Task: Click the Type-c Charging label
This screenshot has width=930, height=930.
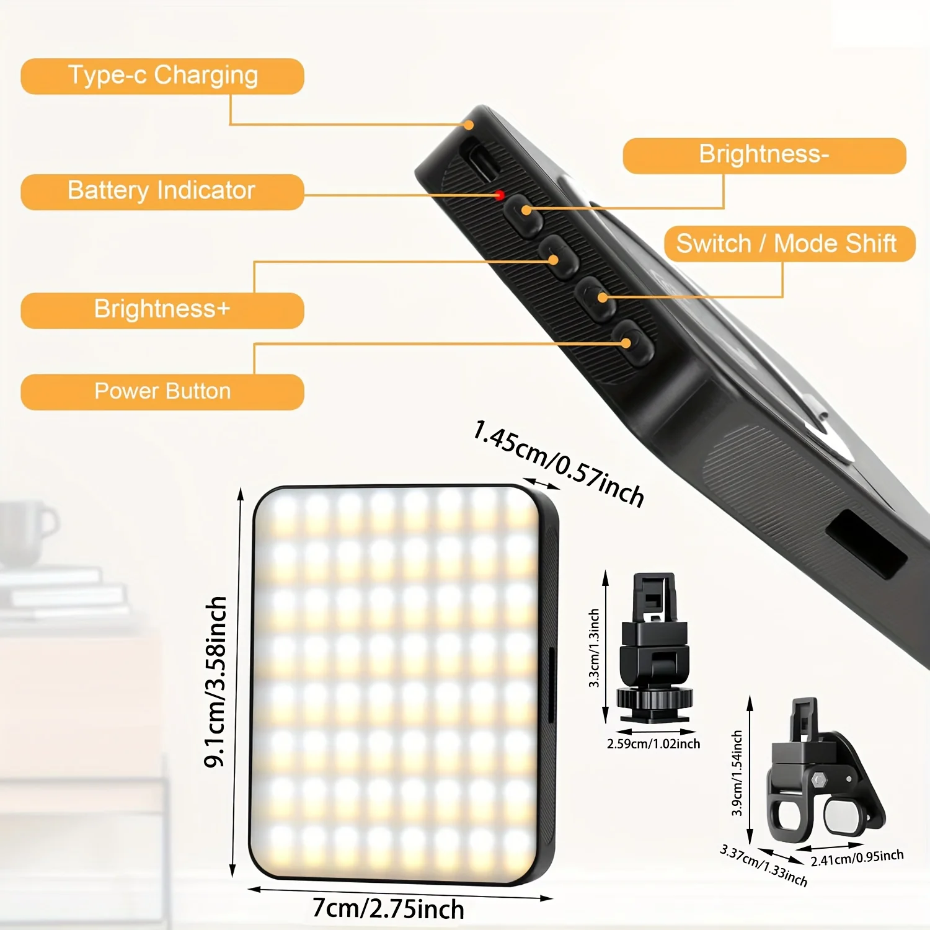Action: (162, 76)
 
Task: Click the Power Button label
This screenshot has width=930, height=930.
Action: (162, 392)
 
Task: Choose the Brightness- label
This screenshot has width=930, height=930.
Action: (764, 155)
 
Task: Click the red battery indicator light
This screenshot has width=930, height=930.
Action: (499, 195)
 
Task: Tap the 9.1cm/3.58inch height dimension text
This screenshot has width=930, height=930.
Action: (216, 682)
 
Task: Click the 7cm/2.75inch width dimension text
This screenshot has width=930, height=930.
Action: (388, 909)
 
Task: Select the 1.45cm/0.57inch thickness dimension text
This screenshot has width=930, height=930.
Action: (558, 463)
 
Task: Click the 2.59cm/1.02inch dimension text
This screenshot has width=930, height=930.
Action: (653, 744)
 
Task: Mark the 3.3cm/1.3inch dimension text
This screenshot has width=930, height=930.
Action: (594, 648)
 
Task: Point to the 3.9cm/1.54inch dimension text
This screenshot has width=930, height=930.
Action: (737, 773)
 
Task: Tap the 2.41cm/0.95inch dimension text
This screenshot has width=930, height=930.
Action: (857, 858)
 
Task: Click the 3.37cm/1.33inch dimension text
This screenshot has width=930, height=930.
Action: (764, 866)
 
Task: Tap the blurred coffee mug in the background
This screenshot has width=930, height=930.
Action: (25, 533)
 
